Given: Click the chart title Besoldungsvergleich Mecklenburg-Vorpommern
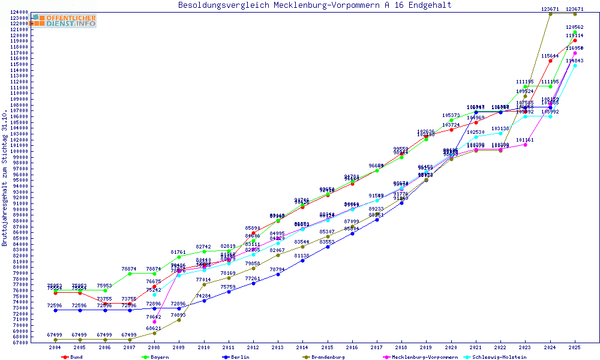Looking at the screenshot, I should [x=314, y=5].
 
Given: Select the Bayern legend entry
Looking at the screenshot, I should [x=160, y=357].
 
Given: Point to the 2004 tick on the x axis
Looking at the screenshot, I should [x=55, y=347].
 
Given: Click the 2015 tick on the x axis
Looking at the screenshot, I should [x=327, y=347].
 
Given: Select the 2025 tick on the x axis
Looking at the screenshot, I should [x=575, y=347].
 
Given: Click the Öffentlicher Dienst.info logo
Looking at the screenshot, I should [x=64, y=20].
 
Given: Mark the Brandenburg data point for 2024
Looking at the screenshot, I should [x=550, y=14].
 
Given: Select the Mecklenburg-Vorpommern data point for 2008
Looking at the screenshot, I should [x=154, y=322].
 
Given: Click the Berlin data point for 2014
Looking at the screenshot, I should [x=302, y=260].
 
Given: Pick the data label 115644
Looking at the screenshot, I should [x=550, y=56].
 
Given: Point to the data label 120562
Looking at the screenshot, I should [x=575, y=28].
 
